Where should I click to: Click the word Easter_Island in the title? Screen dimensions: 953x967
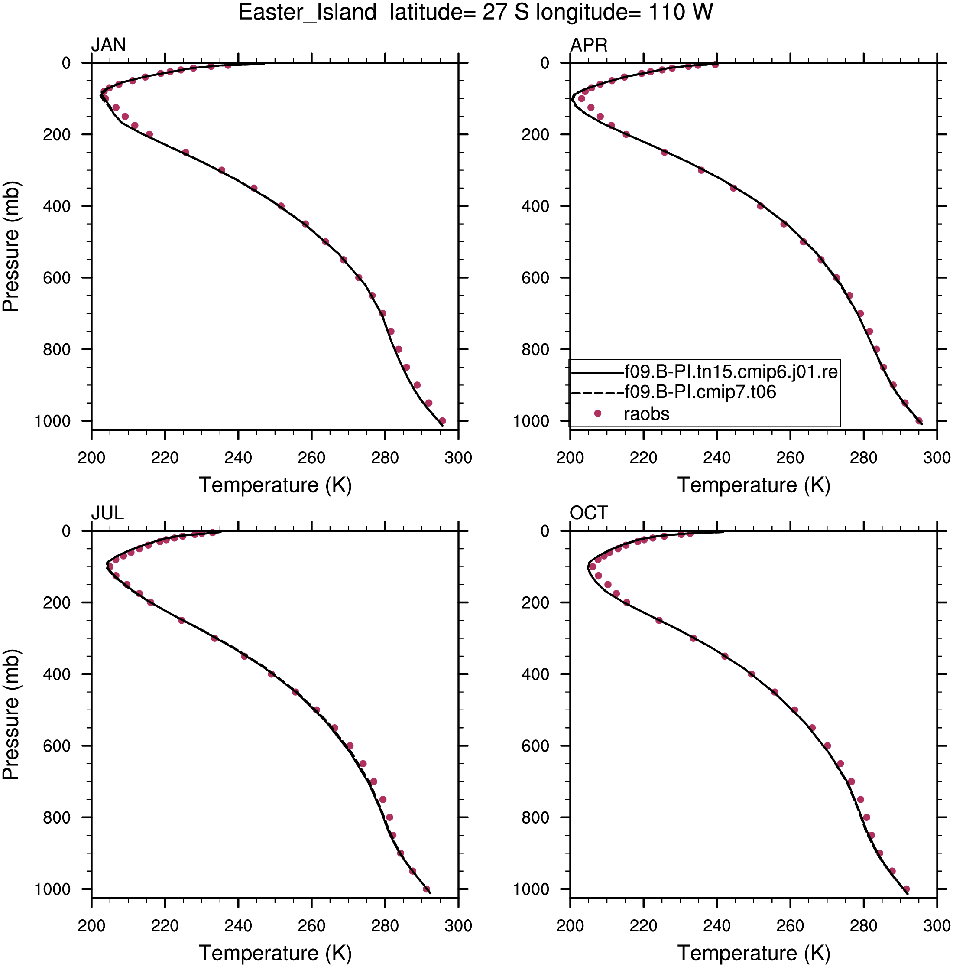coord(307,12)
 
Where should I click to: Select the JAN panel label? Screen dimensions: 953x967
coord(108,45)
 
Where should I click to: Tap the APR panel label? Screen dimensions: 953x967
coord(589,45)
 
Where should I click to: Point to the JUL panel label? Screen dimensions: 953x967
coord(107,513)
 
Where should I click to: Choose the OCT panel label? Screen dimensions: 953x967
coord(589,513)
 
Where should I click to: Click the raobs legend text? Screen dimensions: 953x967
coord(646,414)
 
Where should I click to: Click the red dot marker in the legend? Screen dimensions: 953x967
coord(597,413)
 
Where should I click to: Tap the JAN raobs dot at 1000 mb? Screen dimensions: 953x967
coord(442,421)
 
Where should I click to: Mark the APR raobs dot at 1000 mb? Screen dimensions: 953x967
coord(919,421)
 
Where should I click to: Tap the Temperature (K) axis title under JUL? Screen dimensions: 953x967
coord(275,953)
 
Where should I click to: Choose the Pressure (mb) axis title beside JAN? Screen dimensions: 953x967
coord(11,246)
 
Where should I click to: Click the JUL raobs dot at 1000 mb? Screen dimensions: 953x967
coord(426,889)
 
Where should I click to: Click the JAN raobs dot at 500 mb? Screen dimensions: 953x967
coord(326,242)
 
